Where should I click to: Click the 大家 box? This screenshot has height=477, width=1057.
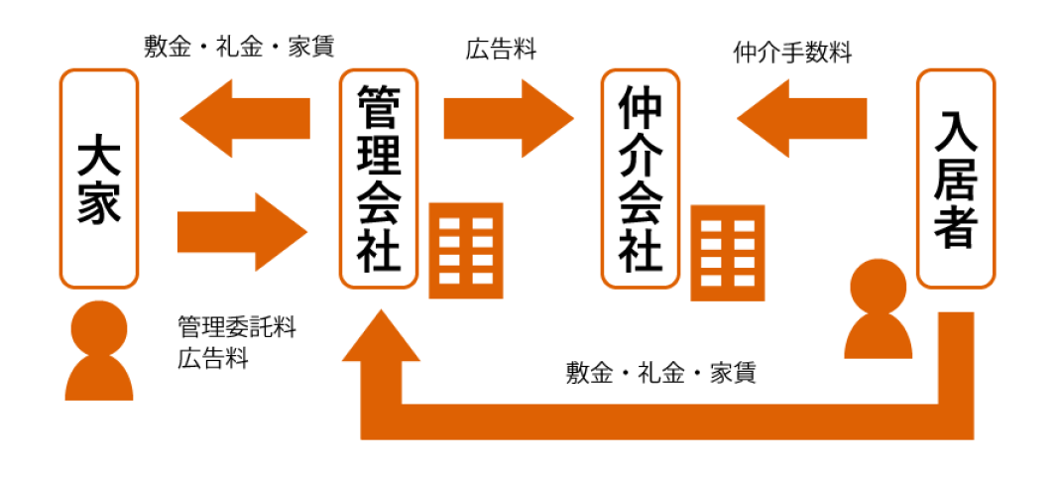pyautogui.click(x=98, y=179)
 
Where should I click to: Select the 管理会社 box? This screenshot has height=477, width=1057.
pyautogui.click(x=379, y=179)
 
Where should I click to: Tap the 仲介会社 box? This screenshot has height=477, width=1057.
pyautogui.click(x=641, y=179)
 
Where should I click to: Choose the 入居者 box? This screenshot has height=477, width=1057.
pyautogui.click(x=956, y=179)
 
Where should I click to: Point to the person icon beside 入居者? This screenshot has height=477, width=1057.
pyautogui.click(x=878, y=309)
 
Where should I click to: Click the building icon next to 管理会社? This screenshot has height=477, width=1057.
pyautogui.click(x=466, y=250)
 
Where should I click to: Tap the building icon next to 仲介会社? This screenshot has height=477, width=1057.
pyautogui.click(x=729, y=253)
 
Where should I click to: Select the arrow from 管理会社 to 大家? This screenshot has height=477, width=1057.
pyautogui.click(x=245, y=118)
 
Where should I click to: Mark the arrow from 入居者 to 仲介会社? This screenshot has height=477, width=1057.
pyautogui.click(x=801, y=118)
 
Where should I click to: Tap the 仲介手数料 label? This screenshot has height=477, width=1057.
pyautogui.click(x=792, y=54)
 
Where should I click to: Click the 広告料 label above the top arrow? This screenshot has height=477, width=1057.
pyautogui.click(x=502, y=51)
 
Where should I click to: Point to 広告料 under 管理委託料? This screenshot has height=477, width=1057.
pyautogui.click(x=213, y=358)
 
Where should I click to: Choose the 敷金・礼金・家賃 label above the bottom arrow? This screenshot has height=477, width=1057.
pyautogui.click(x=661, y=373)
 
